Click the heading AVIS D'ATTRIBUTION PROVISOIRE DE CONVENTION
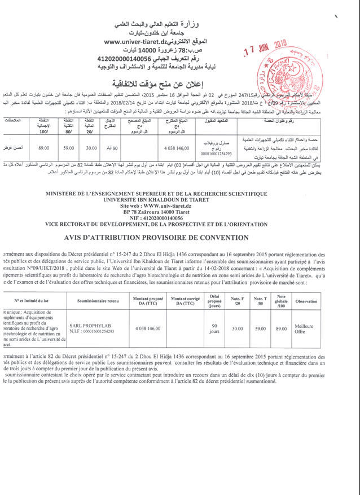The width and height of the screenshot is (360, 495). (x=177, y=238)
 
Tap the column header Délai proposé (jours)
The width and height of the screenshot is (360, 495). (x=214, y=301)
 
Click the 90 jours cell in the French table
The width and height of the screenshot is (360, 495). (x=214, y=328)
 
